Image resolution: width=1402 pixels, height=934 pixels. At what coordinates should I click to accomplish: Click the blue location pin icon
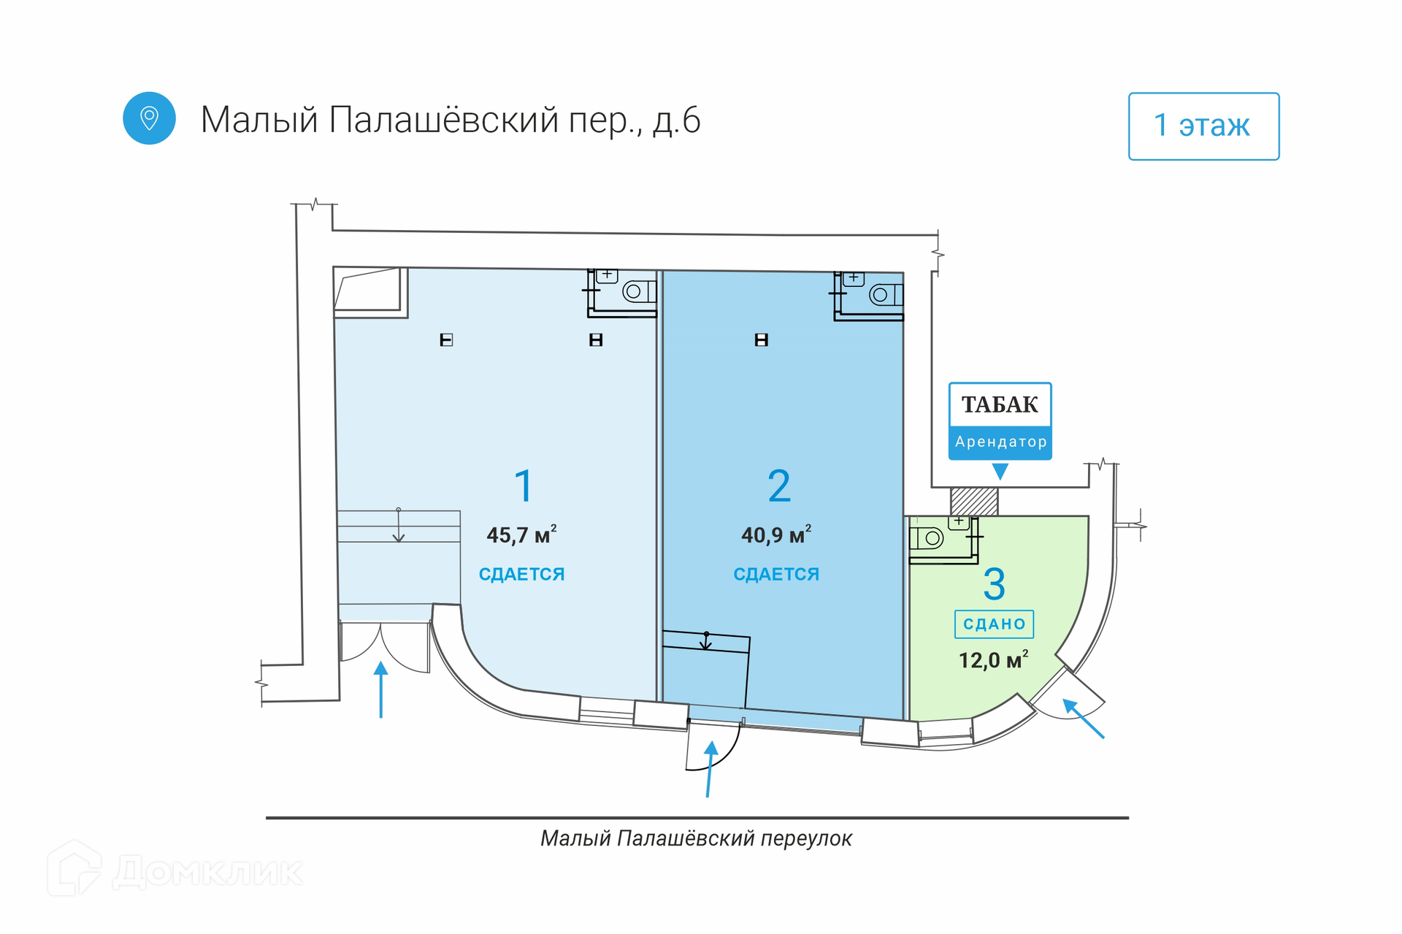pos(149,118)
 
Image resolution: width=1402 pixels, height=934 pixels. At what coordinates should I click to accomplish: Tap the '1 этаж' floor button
pos(1203,126)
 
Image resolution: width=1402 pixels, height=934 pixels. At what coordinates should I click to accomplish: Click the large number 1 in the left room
pos(524,486)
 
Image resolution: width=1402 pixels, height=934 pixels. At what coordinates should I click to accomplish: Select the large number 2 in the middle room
pos(779,486)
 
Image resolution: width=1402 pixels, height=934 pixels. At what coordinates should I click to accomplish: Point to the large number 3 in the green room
pos(994,584)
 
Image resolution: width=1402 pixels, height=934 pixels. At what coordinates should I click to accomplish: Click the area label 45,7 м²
pos(521,535)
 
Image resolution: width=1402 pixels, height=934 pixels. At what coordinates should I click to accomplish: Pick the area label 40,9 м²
pos(776,535)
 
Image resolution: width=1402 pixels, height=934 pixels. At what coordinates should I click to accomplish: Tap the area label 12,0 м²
pos(993,660)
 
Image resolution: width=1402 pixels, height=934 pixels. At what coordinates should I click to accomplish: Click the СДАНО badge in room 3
pos(994,624)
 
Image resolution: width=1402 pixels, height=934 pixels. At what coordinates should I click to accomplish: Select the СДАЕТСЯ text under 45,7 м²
pos(521,575)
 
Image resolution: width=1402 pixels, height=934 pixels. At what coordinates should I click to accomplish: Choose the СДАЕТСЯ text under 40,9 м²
pos(776,575)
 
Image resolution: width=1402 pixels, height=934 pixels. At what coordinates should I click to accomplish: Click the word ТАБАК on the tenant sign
pos(1000,405)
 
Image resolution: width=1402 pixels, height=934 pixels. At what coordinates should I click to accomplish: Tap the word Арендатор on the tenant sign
pos(1000,442)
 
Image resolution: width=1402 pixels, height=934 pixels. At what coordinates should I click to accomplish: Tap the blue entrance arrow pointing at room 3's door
pos(1083,719)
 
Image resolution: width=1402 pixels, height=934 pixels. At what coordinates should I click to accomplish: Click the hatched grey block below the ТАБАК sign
pos(974,502)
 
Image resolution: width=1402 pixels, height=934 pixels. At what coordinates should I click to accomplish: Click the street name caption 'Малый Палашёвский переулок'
pos(696,838)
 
